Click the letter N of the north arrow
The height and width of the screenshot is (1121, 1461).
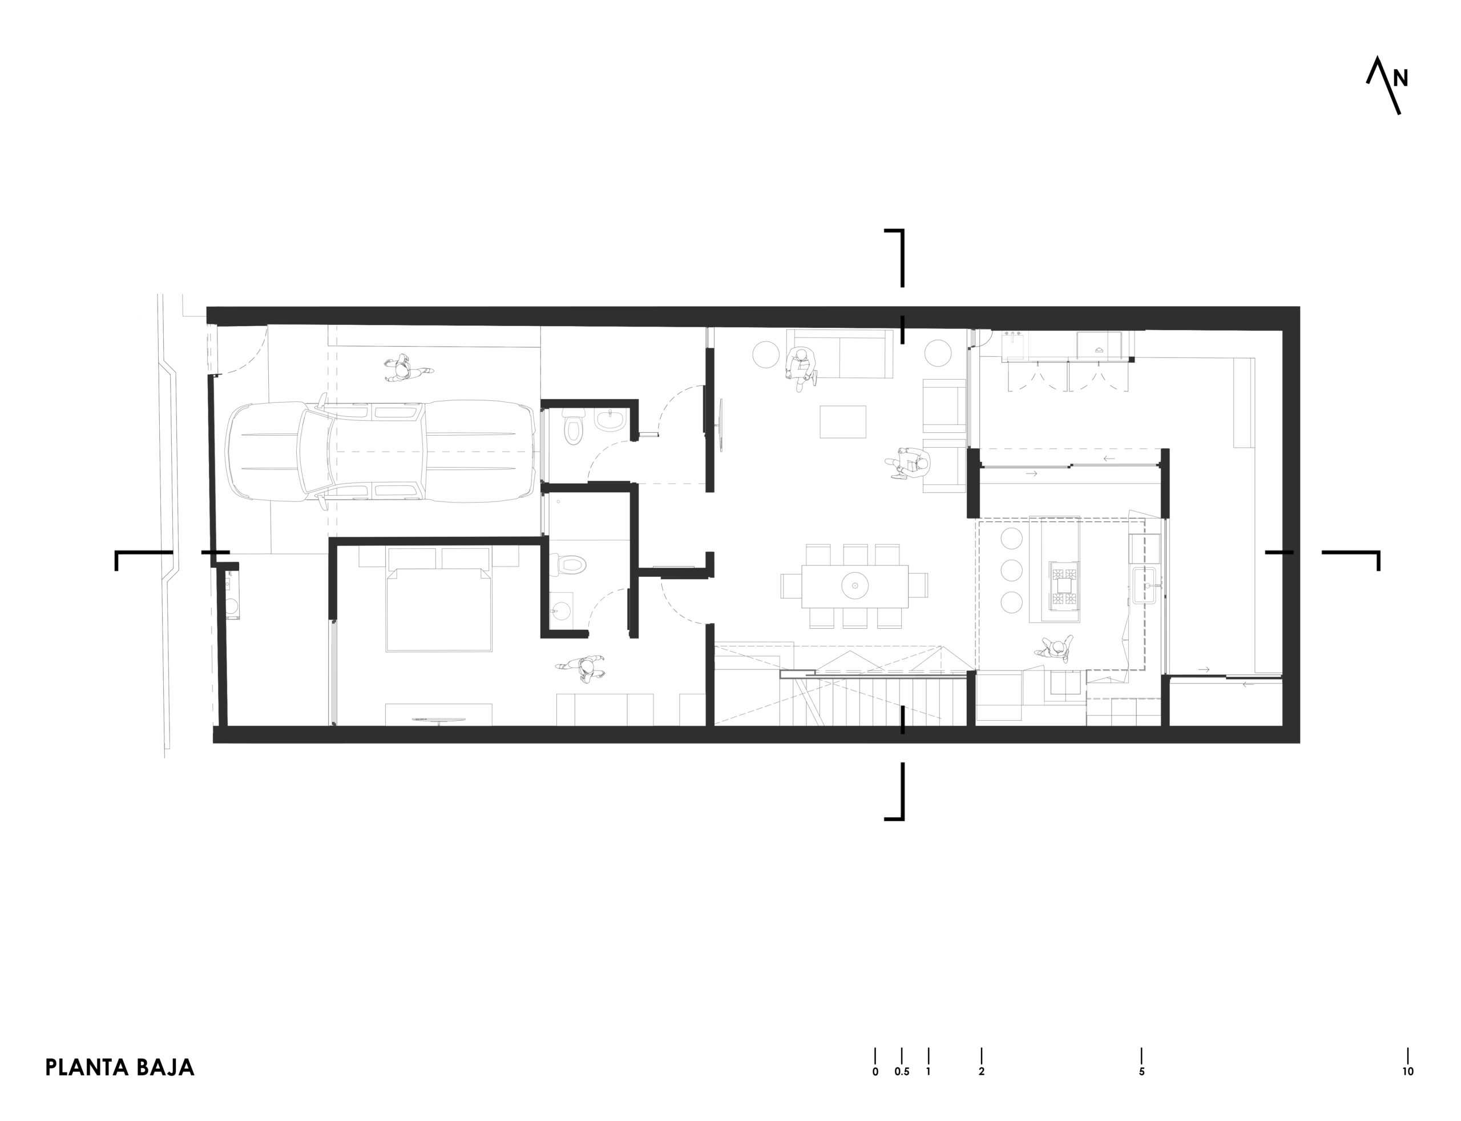(x=1401, y=79)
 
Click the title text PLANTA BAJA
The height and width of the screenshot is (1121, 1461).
(x=119, y=1067)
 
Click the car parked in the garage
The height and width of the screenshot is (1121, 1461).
(x=381, y=452)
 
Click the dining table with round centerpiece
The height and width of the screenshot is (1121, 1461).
(x=855, y=586)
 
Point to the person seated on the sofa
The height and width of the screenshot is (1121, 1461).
(x=802, y=365)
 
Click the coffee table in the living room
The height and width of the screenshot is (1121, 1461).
(x=843, y=421)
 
